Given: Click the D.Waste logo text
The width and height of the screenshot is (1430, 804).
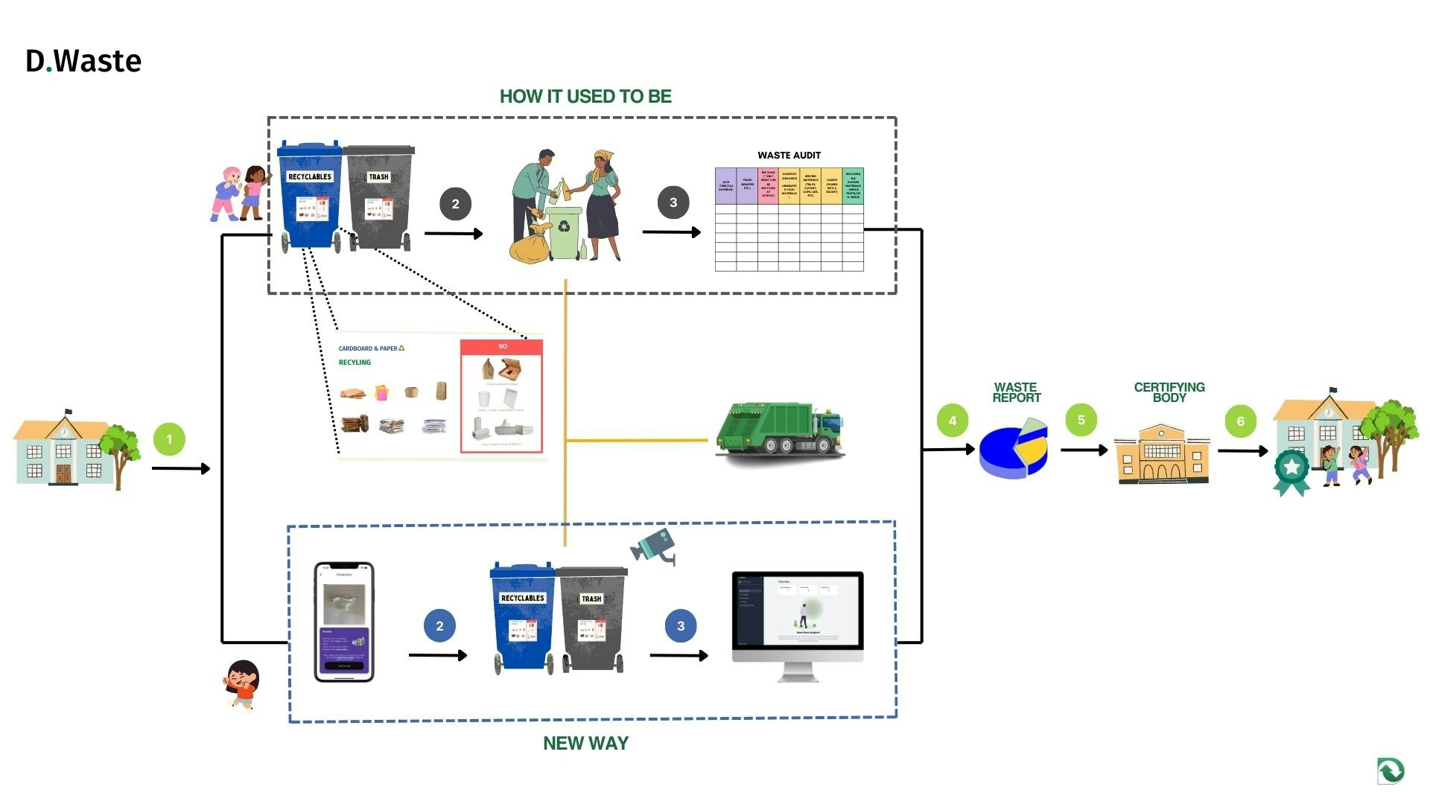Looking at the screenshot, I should [83, 61].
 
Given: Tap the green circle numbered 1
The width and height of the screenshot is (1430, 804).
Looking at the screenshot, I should [169, 439].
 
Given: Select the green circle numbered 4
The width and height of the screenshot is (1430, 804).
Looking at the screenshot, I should [952, 421].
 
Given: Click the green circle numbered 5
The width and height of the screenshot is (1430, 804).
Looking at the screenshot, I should [1081, 420].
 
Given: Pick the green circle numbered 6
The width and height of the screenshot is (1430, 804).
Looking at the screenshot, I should [1240, 421].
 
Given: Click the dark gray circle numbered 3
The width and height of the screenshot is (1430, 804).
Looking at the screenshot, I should [673, 202].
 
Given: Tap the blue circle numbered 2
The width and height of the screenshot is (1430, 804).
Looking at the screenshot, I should [439, 626].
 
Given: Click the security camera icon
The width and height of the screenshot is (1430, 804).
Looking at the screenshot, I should [653, 546].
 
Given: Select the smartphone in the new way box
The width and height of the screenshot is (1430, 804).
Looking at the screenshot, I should [344, 622].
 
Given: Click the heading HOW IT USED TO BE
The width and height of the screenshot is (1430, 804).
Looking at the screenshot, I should [585, 97].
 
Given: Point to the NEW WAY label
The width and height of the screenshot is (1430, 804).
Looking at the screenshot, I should [585, 743].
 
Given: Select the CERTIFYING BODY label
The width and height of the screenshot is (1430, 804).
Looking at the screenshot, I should [1169, 392].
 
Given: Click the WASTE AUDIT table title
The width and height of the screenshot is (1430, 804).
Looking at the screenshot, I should [789, 155].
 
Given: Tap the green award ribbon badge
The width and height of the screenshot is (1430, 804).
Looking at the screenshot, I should [1291, 471].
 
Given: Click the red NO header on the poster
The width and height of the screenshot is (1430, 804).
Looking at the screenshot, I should [502, 346].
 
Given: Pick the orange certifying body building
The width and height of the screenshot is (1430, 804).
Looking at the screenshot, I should [1162, 454].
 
